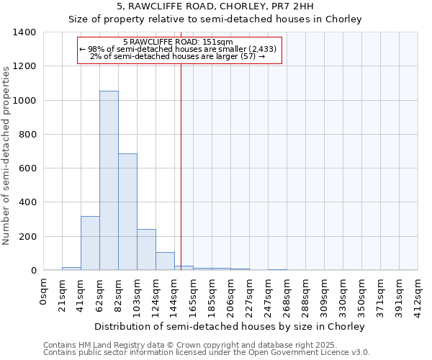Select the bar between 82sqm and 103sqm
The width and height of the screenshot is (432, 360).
click(127, 212)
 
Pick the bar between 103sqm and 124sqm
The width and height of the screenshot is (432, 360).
click(146, 250)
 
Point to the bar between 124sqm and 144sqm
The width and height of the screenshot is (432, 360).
click(165, 261)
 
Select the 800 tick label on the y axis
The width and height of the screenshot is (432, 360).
click(27, 135)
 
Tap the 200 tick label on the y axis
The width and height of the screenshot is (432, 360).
click(27, 237)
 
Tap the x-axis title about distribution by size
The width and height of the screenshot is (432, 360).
click(230, 326)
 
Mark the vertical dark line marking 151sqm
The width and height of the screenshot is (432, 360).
click(181, 166)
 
